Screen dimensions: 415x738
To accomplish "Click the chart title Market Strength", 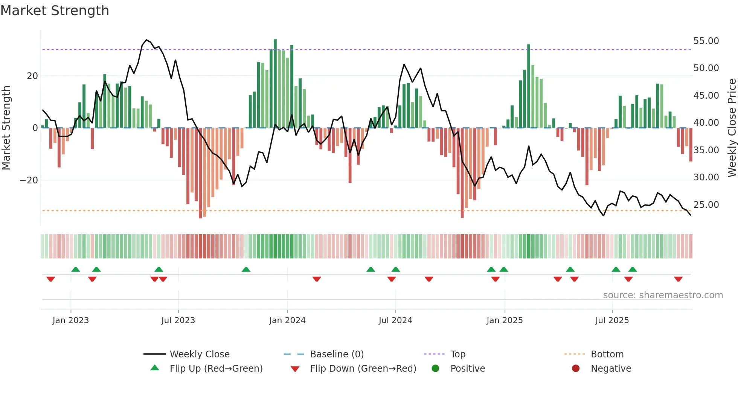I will pyautogui.click(x=55, y=11).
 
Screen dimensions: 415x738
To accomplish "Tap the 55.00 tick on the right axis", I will pyautogui.click(x=706, y=41).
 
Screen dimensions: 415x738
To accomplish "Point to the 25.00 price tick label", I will pyautogui.click(x=706, y=204).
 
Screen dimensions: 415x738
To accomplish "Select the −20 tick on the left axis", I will pyautogui.click(x=29, y=180).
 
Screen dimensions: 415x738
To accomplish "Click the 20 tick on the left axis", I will pyautogui.click(x=32, y=76).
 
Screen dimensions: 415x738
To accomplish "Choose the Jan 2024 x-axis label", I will pyautogui.click(x=287, y=320).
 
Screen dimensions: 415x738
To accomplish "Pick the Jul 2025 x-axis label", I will pyautogui.click(x=612, y=320).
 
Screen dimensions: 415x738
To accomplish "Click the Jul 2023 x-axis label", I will pyautogui.click(x=178, y=320).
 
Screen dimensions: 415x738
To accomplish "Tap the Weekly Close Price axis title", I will pyautogui.click(x=732, y=128).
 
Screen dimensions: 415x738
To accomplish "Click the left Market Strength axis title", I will pyautogui.click(x=6, y=128).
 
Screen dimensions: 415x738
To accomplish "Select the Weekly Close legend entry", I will pyautogui.click(x=200, y=354).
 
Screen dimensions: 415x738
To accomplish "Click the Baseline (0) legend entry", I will pyautogui.click(x=337, y=354).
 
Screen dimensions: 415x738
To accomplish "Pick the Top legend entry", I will pyautogui.click(x=458, y=354).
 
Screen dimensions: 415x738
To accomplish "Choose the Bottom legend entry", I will pyautogui.click(x=607, y=354).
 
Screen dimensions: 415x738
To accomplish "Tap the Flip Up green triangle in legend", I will pyautogui.click(x=155, y=368).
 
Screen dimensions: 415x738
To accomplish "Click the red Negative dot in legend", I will pyautogui.click(x=576, y=368).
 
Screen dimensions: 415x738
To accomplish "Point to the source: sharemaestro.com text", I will pyautogui.click(x=663, y=295).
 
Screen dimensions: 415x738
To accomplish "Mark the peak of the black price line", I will pyautogui.click(x=146, y=40).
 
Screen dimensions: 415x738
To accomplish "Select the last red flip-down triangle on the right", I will pyautogui.click(x=678, y=279).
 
